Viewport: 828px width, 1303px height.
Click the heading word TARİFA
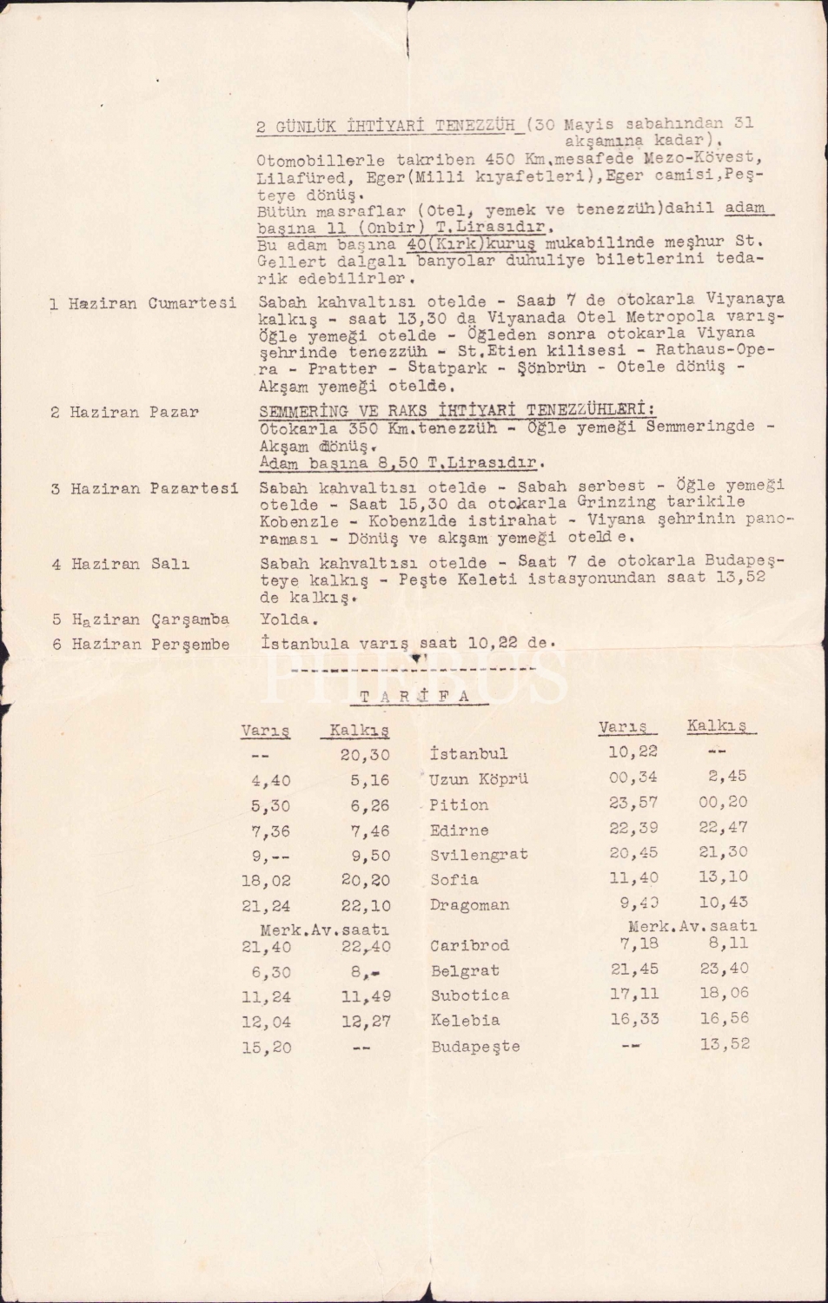(x=414, y=696)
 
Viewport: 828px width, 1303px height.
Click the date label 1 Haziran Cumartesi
(x=142, y=303)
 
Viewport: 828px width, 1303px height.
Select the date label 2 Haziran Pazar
(x=124, y=412)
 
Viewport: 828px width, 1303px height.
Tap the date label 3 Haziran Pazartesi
(x=144, y=488)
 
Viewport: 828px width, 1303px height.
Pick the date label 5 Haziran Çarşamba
(x=140, y=619)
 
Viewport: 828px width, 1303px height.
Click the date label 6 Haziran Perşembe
(x=141, y=644)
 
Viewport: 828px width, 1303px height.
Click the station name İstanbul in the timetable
(x=468, y=753)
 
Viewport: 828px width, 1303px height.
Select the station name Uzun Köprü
(x=478, y=779)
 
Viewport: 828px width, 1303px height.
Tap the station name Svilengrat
(x=479, y=855)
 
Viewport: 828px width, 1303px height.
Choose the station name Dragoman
(x=469, y=904)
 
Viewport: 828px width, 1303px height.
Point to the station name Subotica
(x=470, y=995)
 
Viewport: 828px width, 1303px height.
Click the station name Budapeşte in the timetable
(x=475, y=1046)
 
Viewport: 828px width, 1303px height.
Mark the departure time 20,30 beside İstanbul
(x=365, y=755)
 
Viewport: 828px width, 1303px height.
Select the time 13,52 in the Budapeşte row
(x=725, y=1044)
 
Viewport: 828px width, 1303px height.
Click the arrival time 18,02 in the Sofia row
(x=266, y=880)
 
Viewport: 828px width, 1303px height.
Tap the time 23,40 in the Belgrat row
(x=724, y=969)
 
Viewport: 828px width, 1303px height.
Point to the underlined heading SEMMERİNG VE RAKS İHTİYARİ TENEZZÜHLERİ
(x=457, y=410)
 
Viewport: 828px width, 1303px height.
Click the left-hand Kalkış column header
(x=359, y=730)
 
